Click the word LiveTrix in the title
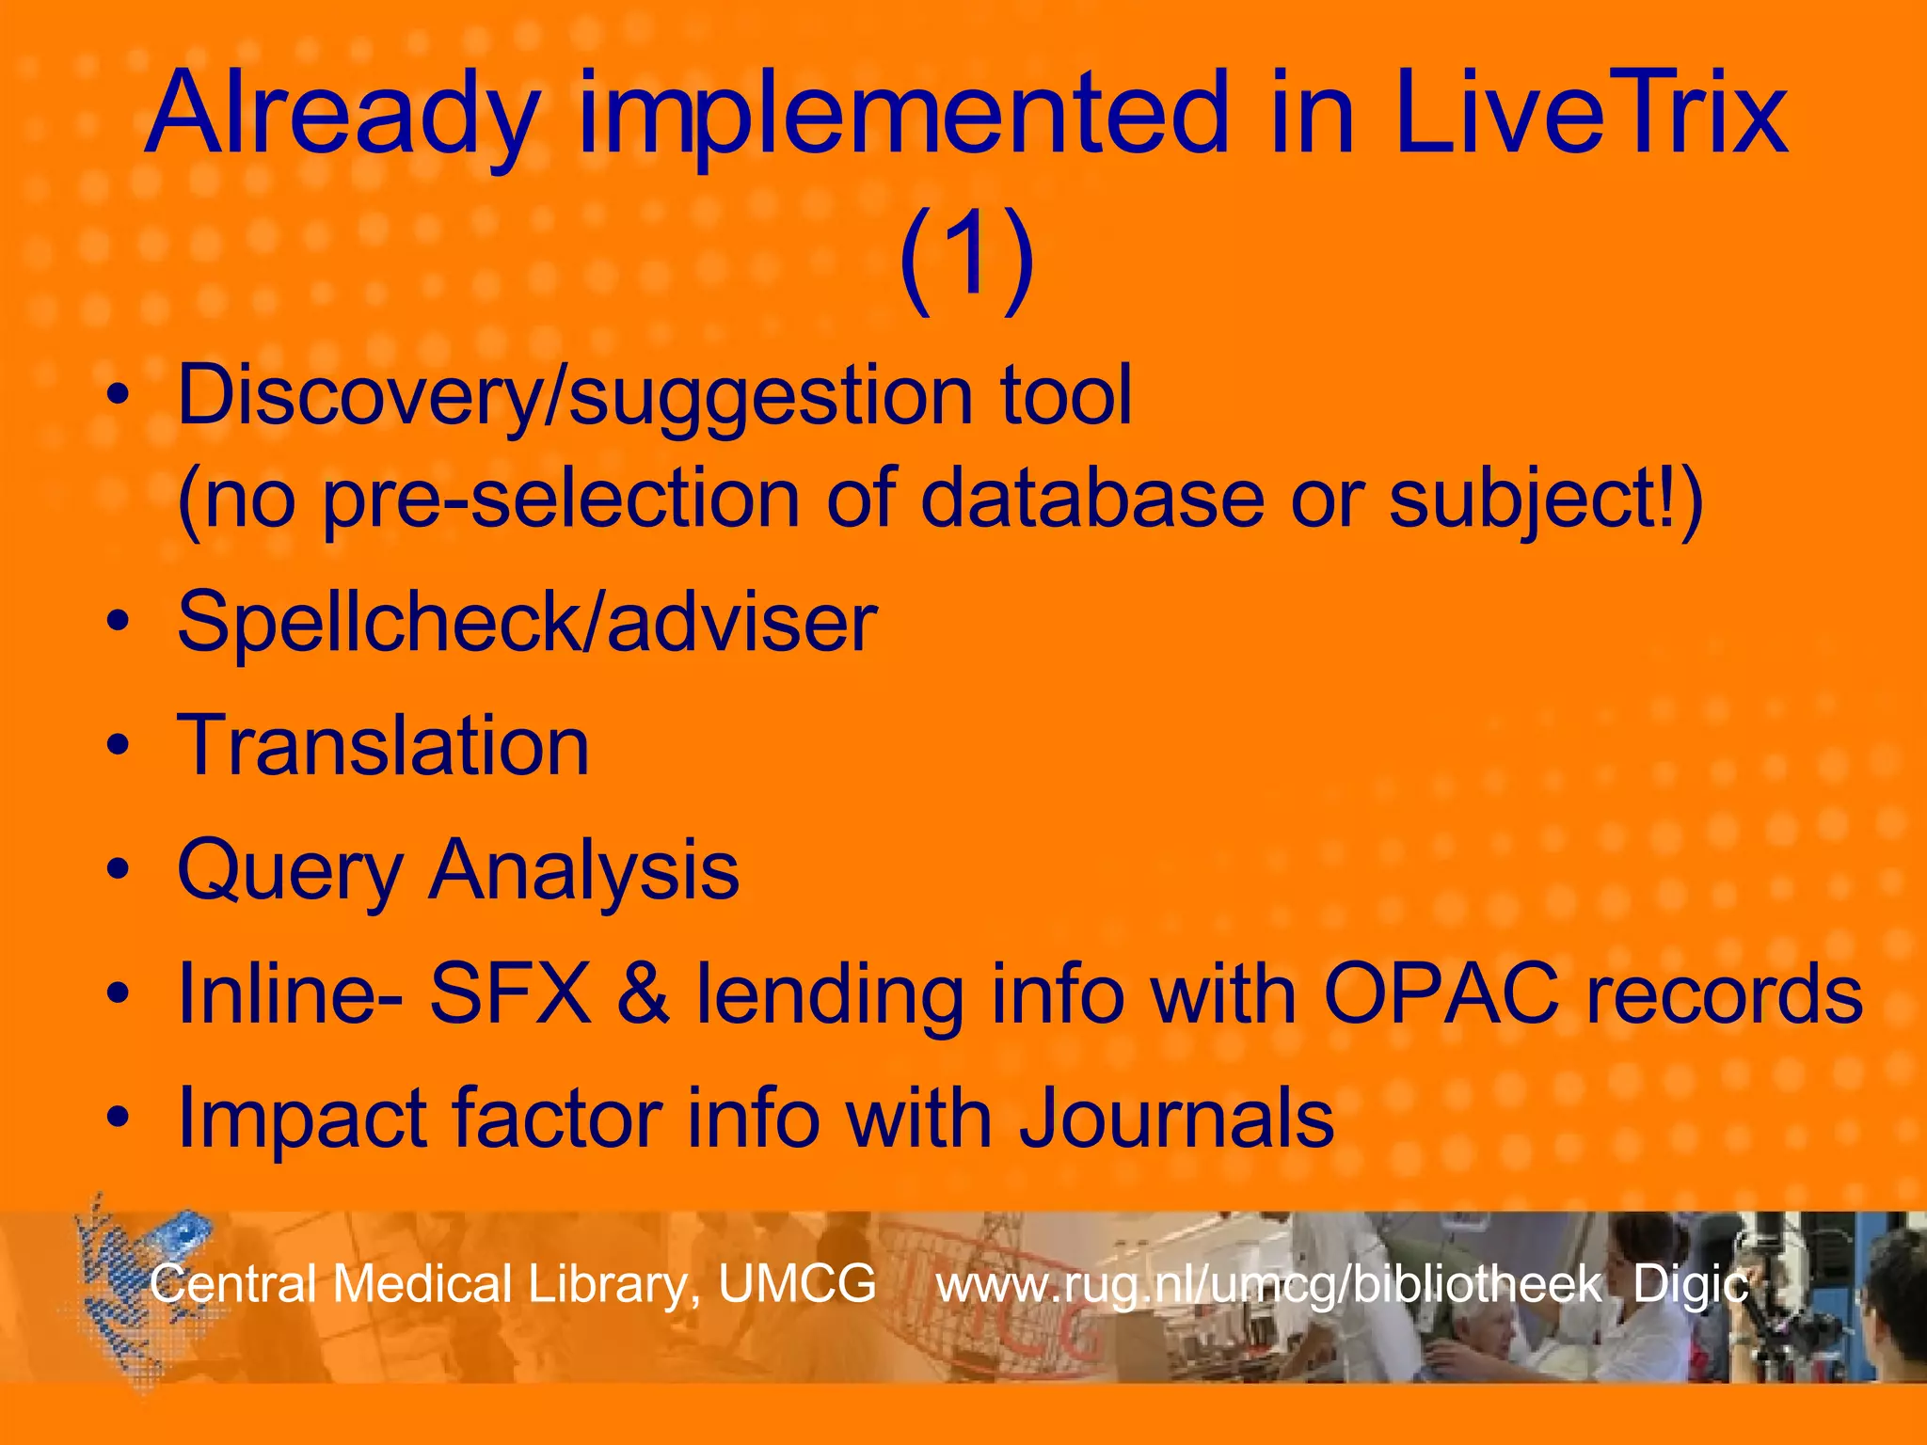coord(1590,115)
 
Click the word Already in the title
coord(343,115)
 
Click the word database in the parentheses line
coord(1091,499)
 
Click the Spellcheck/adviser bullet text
coord(527,623)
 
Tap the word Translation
coord(383,745)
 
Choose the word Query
coord(290,871)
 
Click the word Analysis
coord(584,871)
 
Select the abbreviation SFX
coord(511,993)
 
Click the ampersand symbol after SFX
coord(644,995)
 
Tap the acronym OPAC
coord(1441,993)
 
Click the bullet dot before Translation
coord(117,746)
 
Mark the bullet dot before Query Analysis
coord(117,870)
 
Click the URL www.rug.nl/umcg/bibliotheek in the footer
coord(1268,1285)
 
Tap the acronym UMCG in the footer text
coord(797,1283)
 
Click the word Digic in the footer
coord(1690,1285)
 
